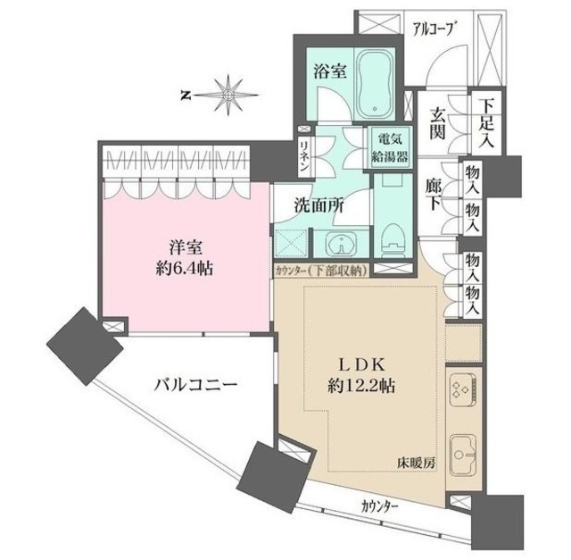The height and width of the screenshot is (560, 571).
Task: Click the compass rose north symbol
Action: coord(229,92)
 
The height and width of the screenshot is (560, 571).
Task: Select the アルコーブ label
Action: coord(434,28)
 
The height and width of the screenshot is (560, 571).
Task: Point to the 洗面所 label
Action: coord(317,205)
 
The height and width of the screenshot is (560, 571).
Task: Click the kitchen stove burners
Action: coord(464,389)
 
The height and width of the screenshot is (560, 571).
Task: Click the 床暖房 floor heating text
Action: coord(416,463)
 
